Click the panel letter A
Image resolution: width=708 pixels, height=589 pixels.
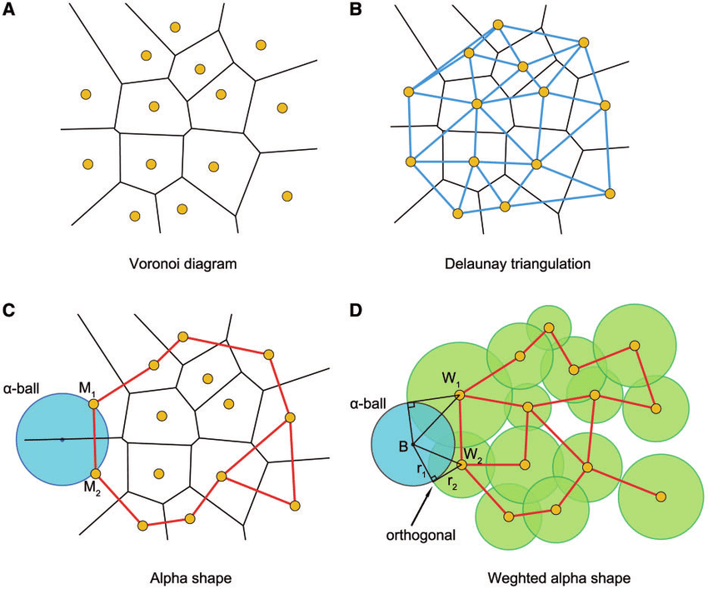8,9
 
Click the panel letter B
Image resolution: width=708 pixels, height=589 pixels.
356,9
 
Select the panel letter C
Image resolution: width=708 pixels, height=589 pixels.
8,310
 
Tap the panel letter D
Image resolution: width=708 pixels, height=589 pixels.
356,310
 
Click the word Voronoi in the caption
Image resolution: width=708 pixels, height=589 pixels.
153,263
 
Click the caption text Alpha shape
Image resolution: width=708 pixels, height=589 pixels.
191,578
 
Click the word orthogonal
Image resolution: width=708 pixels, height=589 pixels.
421,536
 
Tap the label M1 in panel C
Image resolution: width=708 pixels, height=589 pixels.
87,388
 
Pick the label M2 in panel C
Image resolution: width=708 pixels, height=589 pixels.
88,490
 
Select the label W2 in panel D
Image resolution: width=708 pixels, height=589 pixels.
474,454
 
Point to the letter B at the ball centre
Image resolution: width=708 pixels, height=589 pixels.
403,447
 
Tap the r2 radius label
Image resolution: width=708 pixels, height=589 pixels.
452,482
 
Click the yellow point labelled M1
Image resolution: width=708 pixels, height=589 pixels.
93,404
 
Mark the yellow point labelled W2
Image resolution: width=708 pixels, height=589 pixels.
461,465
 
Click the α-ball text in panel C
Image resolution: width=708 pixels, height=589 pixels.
22,388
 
